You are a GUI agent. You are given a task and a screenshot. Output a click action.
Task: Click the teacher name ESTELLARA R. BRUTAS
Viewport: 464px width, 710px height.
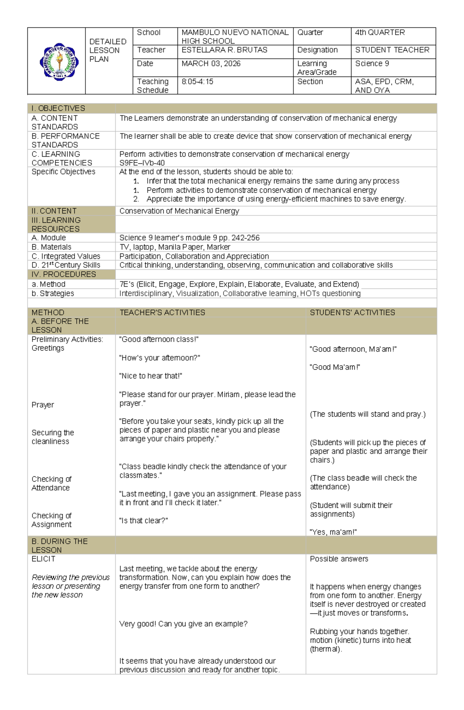(x=224, y=50)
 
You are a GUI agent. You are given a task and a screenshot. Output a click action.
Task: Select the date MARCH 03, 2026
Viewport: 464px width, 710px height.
(x=211, y=63)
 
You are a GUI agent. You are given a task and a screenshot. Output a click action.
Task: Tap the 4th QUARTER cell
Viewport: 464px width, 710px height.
(x=380, y=33)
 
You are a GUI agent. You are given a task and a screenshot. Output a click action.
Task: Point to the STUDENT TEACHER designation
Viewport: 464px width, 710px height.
(x=392, y=50)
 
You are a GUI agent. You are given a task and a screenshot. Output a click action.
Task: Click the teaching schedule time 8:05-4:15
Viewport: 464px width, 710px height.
(x=197, y=82)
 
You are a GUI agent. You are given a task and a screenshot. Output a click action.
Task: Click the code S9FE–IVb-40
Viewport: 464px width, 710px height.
(x=142, y=163)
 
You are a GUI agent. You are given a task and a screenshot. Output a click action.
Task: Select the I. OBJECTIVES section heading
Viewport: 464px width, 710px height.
(x=58, y=108)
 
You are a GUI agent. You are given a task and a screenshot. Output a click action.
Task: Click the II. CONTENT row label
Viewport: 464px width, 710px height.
(x=54, y=211)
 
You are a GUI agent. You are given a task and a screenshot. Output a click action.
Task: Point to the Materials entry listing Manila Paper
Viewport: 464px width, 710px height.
(x=181, y=247)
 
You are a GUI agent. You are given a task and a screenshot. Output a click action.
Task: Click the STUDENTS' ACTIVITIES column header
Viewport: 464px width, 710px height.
(x=352, y=312)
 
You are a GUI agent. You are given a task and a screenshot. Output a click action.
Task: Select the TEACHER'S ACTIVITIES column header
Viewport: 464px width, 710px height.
(x=162, y=312)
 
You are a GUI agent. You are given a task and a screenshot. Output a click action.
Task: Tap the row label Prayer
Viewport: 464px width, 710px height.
(x=43, y=405)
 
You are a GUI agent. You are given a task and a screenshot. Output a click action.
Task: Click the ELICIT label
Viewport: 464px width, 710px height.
(x=43, y=559)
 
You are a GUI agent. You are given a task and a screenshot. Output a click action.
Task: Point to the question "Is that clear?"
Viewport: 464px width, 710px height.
(x=143, y=521)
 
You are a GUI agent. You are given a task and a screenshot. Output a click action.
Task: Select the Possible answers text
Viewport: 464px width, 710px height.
(x=339, y=559)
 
